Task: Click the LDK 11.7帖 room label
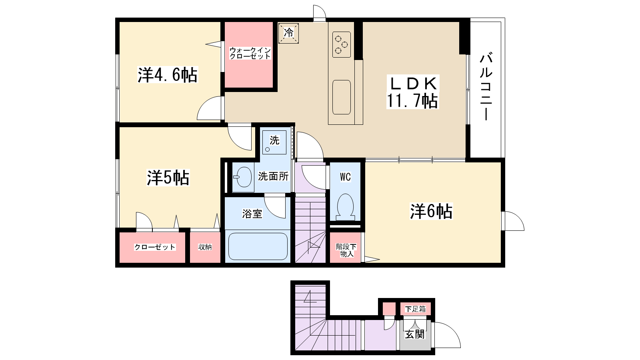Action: coord(412,92)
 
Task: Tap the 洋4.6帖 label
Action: coord(168,75)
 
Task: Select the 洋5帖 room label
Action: coord(168,178)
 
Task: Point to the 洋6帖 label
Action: coord(431,211)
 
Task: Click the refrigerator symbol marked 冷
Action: coord(288,33)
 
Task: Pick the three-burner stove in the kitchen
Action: coord(342,44)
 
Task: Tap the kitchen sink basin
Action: coord(342,97)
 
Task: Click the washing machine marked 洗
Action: coord(274,142)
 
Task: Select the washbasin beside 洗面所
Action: coord(243,176)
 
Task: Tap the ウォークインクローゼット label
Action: coord(250,53)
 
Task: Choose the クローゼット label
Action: coord(155,247)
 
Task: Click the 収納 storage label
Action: coord(205,247)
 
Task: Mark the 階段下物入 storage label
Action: coord(346,250)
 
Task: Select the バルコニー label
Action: coord(486,86)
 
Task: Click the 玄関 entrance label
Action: coord(415,334)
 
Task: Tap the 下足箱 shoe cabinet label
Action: coord(415,309)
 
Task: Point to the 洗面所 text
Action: coord(273,176)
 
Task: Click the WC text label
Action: coord(345,177)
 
